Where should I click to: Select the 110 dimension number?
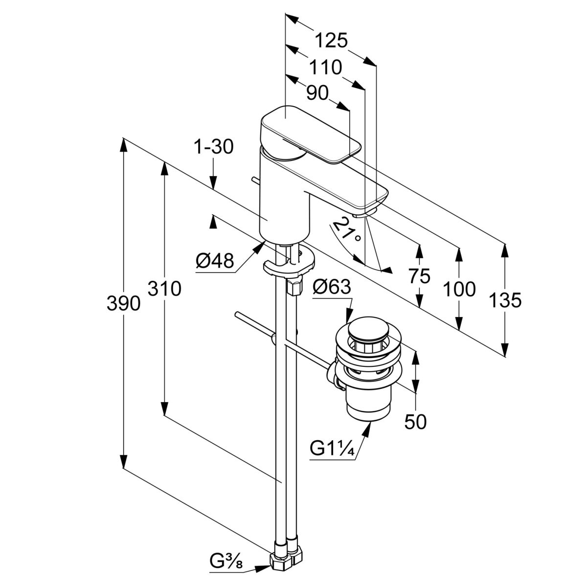324,67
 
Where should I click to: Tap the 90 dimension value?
317,93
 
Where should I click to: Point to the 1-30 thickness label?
214,147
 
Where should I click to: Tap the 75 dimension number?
419,276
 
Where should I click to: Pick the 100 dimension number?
459,289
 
